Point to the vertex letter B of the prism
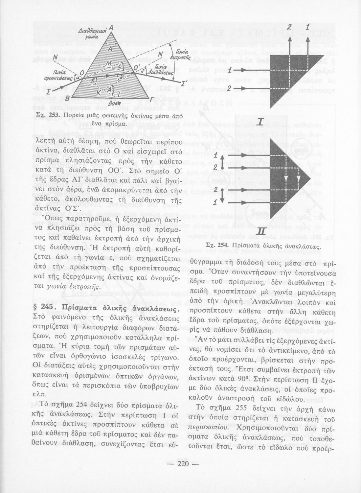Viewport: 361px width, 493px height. click(67, 98)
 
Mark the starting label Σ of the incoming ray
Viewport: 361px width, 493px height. click(48, 91)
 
